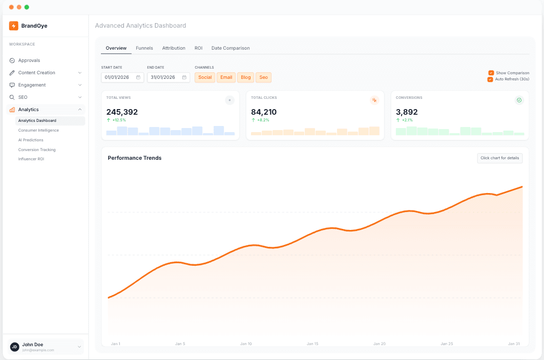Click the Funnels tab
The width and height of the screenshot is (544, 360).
point(144,48)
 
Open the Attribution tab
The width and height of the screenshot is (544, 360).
point(174,48)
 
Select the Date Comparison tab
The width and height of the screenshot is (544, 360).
point(231,48)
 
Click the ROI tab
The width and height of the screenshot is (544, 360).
point(198,48)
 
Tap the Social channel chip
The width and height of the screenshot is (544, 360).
point(205,77)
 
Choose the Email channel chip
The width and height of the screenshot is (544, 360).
point(226,77)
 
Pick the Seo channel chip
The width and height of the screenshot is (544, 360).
point(263,77)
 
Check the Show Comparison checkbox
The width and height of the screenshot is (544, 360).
point(491,73)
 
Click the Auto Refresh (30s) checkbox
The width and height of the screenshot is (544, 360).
point(490,79)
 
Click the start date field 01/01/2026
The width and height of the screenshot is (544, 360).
point(122,77)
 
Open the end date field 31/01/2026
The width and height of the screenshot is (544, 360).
point(168,77)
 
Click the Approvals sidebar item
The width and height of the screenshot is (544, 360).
point(29,60)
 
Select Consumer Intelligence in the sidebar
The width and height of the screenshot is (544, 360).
point(38,130)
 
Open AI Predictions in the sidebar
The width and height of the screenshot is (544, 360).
point(31,140)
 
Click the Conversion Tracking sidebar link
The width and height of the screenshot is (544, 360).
point(37,150)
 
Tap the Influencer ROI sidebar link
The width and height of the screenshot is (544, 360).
point(31,159)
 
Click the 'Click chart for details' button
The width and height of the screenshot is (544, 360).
point(499,158)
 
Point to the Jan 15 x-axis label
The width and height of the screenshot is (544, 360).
point(312,344)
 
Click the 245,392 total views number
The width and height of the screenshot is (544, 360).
point(122,112)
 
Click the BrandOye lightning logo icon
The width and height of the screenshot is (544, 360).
point(14,26)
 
